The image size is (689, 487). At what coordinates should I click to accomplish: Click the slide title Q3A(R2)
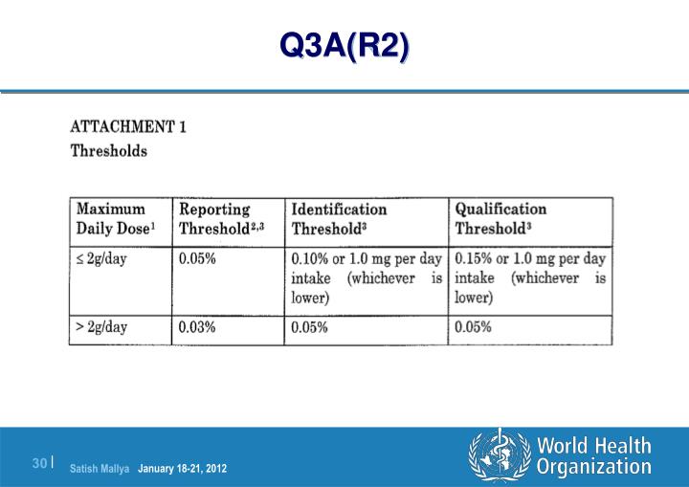coord(344,44)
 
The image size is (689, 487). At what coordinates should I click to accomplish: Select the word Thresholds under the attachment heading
coord(109,151)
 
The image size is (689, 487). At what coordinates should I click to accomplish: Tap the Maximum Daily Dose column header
coord(114,218)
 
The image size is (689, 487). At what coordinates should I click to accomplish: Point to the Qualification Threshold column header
coord(500,218)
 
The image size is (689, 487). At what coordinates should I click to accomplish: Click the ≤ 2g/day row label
coord(101,258)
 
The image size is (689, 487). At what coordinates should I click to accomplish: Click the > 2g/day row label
coord(101,327)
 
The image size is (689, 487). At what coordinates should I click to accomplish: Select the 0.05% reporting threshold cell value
coord(197,258)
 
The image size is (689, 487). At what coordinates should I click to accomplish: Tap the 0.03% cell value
coord(197,327)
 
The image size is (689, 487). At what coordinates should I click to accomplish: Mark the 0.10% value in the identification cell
coord(311,258)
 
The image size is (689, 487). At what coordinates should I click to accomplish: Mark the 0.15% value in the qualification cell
coord(474,258)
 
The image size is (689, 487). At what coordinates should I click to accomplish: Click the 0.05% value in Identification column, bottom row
coord(311,327)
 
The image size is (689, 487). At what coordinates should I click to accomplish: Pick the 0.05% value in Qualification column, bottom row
coord(474,327)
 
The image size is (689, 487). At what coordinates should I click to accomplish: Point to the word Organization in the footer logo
coord(593,467)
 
